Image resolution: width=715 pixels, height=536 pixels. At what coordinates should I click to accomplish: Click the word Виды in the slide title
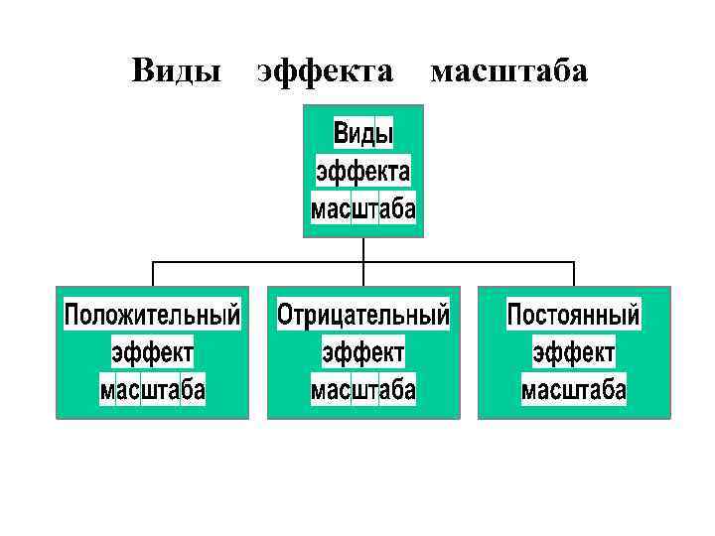pos(176,71)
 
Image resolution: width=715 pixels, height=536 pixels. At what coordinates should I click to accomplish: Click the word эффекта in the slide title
pos(325,71)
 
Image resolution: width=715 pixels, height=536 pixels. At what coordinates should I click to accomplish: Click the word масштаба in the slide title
pos(508,71)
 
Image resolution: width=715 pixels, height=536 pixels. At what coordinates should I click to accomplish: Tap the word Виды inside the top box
pos(362,133)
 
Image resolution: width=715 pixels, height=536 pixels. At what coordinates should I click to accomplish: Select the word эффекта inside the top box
pos(362,171)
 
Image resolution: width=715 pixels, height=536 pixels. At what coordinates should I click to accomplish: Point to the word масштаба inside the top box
pos(362,209)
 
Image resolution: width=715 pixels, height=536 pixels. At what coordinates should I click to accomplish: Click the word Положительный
pos(152,316)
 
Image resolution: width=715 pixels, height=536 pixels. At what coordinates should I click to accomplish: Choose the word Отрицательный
pos(362,316)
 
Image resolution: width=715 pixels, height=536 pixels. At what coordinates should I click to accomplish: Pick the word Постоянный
pos(574,316)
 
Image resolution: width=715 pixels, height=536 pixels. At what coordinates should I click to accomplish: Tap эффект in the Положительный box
pos(152,352)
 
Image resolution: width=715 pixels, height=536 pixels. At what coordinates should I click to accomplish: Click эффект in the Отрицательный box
pos(362,352)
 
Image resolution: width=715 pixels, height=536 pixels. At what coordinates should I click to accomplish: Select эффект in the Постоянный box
pos(574,352)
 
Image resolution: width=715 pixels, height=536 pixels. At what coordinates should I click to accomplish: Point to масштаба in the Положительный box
pos(152,390)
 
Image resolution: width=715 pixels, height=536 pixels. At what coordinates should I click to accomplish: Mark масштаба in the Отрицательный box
pos(362,390)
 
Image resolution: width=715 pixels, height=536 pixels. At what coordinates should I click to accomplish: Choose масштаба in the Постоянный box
pos(574,390)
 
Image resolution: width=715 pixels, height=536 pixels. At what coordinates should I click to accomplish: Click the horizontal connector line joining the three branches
pos(258,262)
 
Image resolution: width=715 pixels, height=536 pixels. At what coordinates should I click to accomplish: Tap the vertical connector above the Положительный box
pos(152,274)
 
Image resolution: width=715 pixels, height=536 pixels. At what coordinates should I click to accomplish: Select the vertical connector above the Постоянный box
pos(574,274)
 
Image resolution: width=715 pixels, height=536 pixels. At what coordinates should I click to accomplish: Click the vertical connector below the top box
pos(363,249)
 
